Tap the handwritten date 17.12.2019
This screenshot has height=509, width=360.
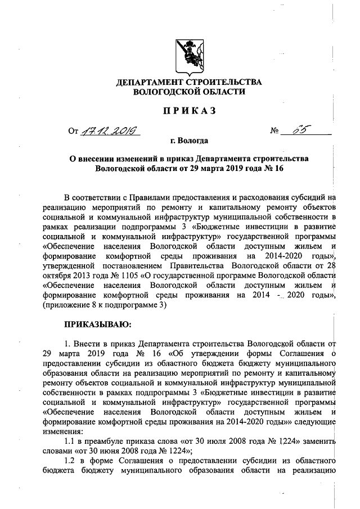click(111, 132)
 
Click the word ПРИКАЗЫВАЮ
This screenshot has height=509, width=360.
click(98, 325)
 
